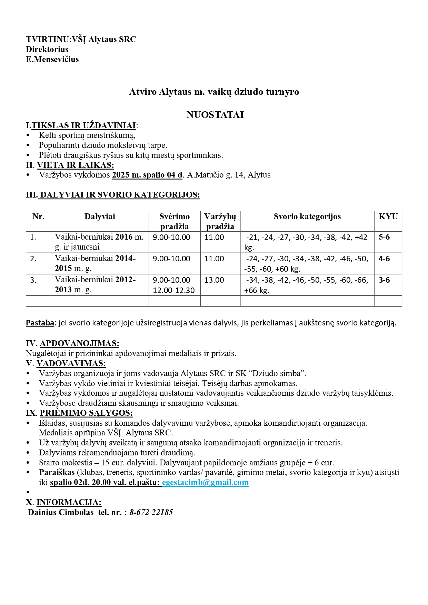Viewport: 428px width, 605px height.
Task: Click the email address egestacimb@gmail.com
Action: coord(205,482)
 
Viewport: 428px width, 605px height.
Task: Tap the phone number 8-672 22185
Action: coord(151,512)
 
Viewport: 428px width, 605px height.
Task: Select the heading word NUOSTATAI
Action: coord(215,115)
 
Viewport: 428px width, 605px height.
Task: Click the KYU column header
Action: coord(388,216)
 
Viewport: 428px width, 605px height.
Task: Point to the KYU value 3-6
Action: coord(384,280)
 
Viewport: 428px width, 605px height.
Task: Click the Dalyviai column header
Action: coord(100,216)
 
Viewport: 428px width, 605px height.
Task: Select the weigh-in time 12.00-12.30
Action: coord(173,290)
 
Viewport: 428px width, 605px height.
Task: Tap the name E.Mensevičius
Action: coord(52,59)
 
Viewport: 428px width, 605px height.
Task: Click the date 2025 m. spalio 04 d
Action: coord(147,175)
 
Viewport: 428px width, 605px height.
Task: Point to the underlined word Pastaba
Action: coord(40,323)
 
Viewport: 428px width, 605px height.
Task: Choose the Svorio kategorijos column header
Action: coord(307,216)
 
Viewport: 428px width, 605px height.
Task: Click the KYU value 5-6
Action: coord(384,237)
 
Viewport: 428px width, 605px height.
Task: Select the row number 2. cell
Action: coord(33,259)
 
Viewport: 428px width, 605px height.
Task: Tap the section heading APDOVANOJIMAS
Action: coord(79,343)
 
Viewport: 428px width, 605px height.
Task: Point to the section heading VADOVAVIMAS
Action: coord(71,363)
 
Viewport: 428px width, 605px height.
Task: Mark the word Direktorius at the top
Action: coord(47,49)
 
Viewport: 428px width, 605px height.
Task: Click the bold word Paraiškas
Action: coord(57,472)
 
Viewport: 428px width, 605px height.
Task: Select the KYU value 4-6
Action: coord(384,259)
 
